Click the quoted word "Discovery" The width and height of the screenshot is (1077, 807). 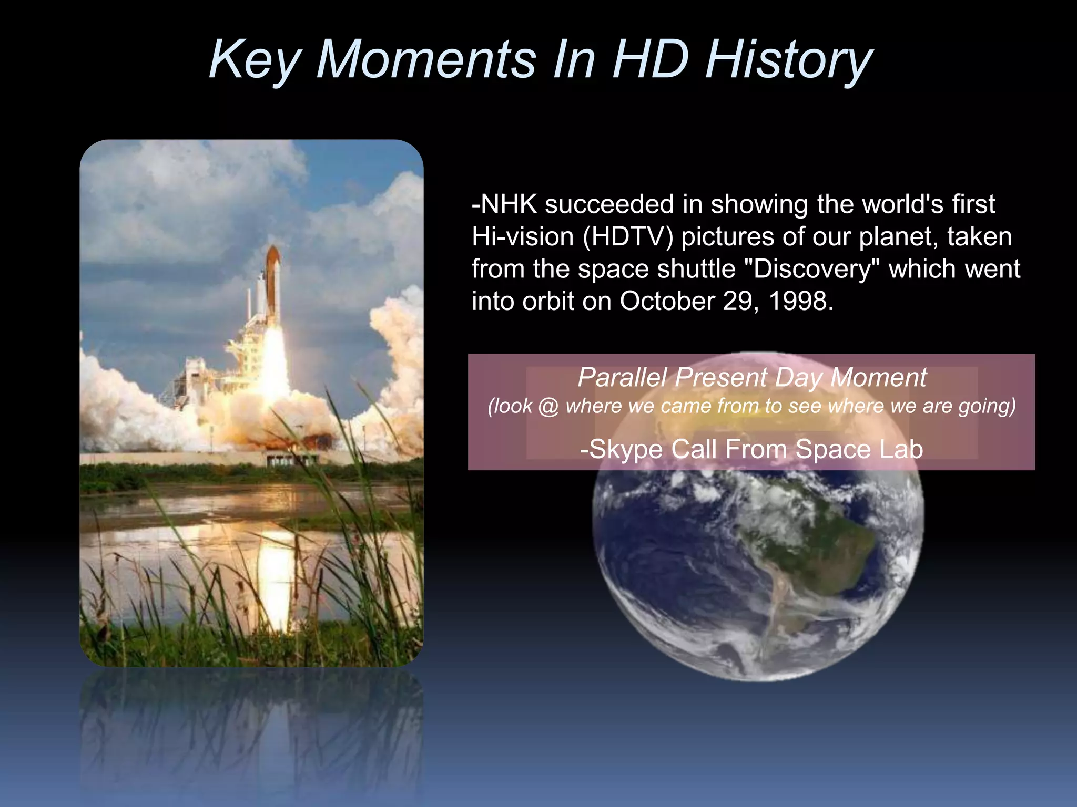pos(812,269)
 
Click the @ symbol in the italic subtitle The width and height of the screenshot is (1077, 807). pos(548,406)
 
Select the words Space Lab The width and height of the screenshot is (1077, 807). pos(859,449)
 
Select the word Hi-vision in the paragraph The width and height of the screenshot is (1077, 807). pos(522,237)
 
